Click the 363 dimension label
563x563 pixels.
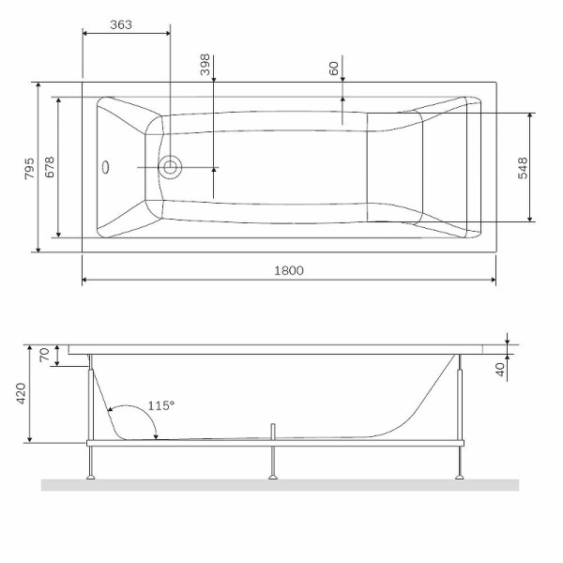(x=120, y=24)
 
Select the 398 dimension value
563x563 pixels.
(x=205, y=64)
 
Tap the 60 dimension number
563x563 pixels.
(x=333, y=68)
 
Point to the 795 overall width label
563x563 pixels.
(x=29, y=168)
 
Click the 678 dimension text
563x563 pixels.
(x=50, y=168)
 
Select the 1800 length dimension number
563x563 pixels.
(x=288, y=270)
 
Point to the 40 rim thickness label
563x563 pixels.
(x=500, y=367)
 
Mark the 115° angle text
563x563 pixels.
(x=161, y=406)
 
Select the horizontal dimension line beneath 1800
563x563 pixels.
(x=288, y=280)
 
